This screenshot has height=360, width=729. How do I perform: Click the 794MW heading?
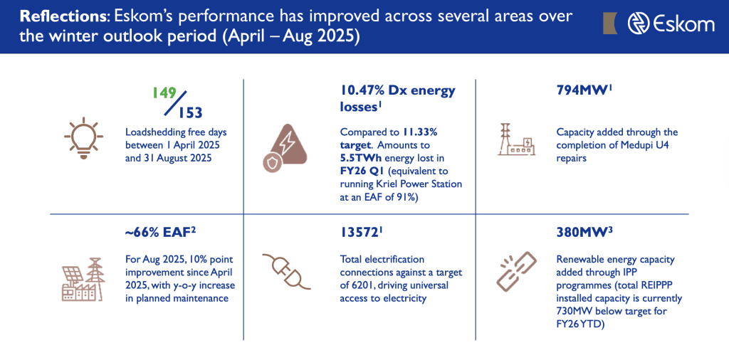click(582, 91)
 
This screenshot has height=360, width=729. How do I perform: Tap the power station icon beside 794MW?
click(518, 139)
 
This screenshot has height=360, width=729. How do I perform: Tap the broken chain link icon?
click(517, 274)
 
